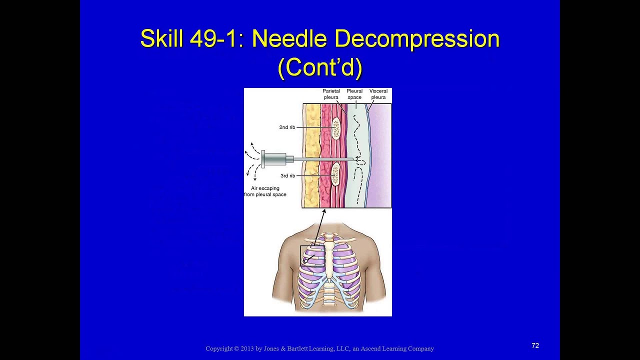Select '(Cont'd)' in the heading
(319, 68)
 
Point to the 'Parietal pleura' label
(331, 94)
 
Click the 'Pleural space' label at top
(354, 94)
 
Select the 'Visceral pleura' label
(378, 94)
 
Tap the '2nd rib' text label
(287, 127)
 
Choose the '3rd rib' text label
(287, 176)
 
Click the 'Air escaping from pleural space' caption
(265, 191)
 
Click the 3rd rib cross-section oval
(335, 174)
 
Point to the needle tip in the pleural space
(354, 159)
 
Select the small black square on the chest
(312, 256)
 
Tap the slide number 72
(535, 345)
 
